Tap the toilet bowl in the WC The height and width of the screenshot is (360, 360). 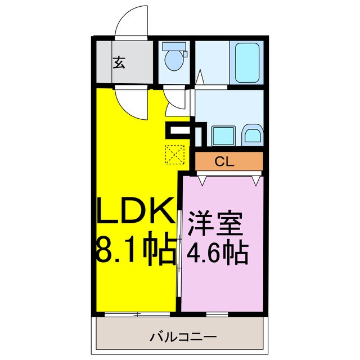click(175, 62)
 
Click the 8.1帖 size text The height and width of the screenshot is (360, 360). click(135, 251)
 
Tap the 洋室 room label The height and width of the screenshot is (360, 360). click(215, 224)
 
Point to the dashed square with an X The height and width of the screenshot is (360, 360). click(174, 154)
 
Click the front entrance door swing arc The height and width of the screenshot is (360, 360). click(130, 22)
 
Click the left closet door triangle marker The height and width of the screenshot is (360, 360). click(202, 180)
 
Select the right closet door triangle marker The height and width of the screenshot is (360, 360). click(256, 180)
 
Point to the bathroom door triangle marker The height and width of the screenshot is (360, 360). click(200, 76)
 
